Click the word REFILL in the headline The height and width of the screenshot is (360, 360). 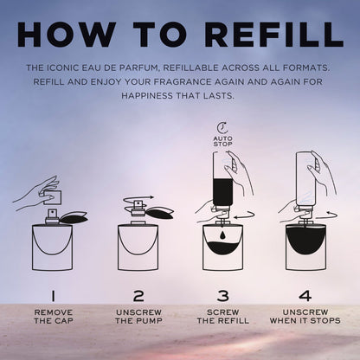point(274,34)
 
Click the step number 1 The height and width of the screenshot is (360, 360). point(53,296)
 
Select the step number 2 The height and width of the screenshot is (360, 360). point(138,296)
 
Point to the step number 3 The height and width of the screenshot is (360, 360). point(222,296)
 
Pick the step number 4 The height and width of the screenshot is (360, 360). point(305,296)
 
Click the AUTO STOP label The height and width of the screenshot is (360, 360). point(222,141)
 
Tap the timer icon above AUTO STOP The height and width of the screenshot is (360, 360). point(222,128)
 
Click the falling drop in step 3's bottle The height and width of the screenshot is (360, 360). point(222,235)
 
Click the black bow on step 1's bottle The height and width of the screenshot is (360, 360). point(74,218)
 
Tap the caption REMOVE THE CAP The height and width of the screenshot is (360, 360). point(54,317)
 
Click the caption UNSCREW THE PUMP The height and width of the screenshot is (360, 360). point(138,317)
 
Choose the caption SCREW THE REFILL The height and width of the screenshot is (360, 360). point(222,317)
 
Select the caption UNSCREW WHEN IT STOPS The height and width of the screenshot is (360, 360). point(305,317)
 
